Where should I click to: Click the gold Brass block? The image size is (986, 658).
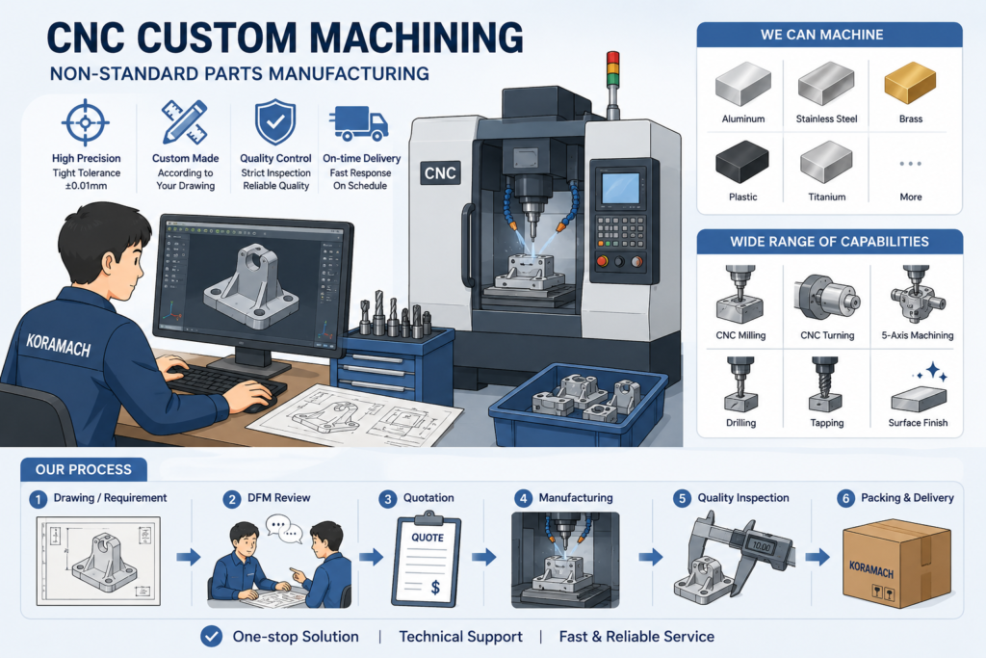pyautogui.click(x=910, y=83)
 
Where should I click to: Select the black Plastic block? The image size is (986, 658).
pyautogui.click(x=742, y=162)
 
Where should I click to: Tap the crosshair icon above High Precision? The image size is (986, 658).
pyautogui.click(x=86, y=122)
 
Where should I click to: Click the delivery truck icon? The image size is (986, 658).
pyautogui.click(x=358, y=122)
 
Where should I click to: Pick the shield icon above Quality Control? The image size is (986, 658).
pyautogui.click(x=275, y=121)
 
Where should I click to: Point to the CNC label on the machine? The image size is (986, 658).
pyautogui.click(x=440, y=173)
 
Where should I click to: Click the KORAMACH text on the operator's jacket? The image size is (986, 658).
pyautogui.click(x=59, y=345)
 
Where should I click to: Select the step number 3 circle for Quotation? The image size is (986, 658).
pyautogui.click(x=388, y=499)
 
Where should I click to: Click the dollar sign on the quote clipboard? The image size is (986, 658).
pyautogui.click(x=435, y=588)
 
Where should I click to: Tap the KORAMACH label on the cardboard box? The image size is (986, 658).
pyautogui.click(x=870, y=569)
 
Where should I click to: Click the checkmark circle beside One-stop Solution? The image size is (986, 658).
pyautogui.click(x=212, y=637)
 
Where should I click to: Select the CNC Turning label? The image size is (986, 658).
pyautogui.click(x=827, y=335)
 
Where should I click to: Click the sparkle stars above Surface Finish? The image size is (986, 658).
pyautogui.click(x=932, y=372)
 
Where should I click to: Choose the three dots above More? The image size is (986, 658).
pyautogui.click(x=910, y=164)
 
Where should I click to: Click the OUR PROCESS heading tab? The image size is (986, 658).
pyautogui.click(x=84, y=469)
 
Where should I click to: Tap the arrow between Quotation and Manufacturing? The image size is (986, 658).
pyautogui.click(x=483, y=557)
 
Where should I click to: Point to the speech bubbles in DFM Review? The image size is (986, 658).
pyautogui.click(x=284, y=528)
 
